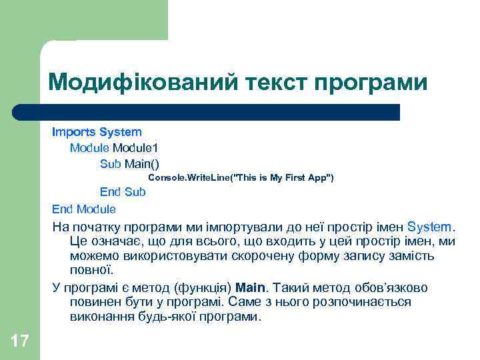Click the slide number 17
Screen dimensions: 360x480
pos(20,341)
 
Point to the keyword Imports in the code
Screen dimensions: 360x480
pos(74,132)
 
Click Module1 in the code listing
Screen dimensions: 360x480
pos(135,147)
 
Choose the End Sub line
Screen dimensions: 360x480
pos(123,192)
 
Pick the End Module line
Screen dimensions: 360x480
pos(84,209)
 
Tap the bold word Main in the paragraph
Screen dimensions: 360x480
pos(251,287)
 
